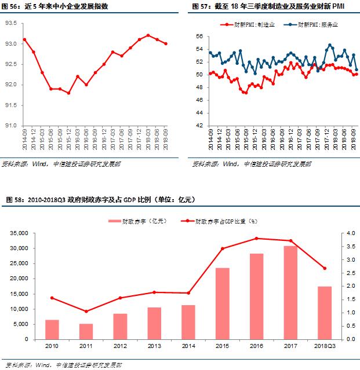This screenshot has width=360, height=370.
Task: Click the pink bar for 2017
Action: (291, 292)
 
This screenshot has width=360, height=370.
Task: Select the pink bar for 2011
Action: (86, 331)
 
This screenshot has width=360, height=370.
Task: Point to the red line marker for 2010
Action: (52, 298)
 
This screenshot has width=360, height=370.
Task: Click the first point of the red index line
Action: (24, 39)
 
